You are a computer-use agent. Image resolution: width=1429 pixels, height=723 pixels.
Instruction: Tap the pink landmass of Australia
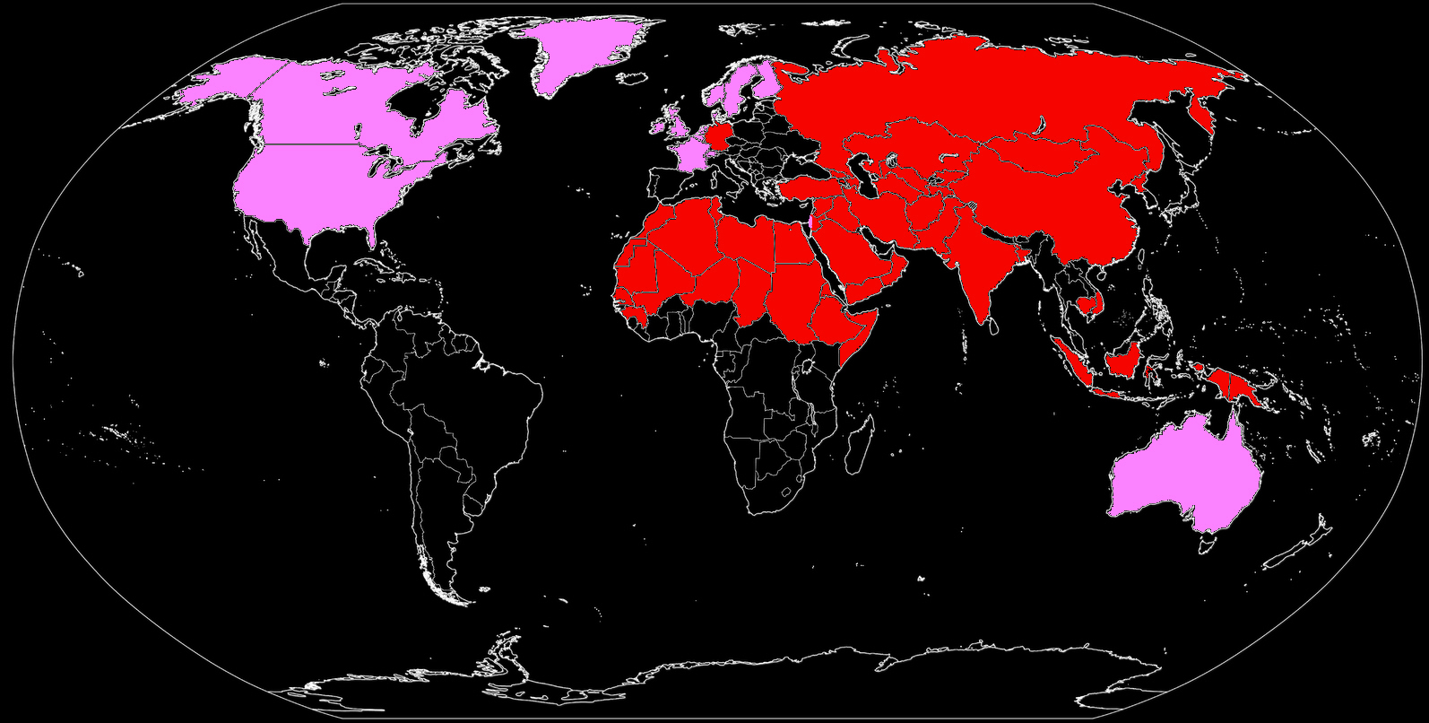pyautogui.click(x=1183, y=475)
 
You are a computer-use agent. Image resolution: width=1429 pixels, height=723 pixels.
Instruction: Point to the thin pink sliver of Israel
pyautogui.click(x=810, y=221)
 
